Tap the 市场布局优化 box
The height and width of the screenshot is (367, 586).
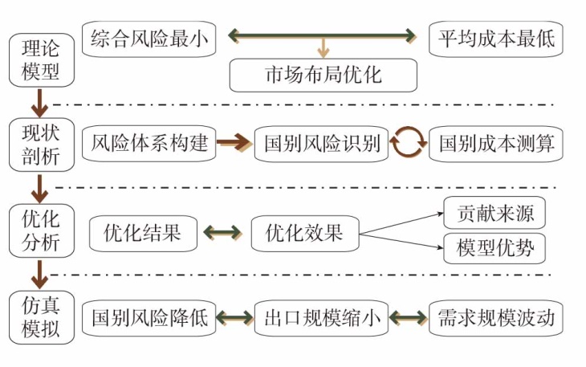click(x=324, y=75)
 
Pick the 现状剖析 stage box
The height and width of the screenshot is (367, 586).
click(x=39, y=145)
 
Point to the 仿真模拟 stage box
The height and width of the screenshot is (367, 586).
click(x=39, y=319)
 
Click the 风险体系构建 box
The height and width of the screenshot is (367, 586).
click(x=149, y=144)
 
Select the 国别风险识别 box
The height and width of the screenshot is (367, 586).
click(x=322, y=145)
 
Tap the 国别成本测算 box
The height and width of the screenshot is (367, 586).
click(x=496, y=145)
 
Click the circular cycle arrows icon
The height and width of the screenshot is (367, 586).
click(x=409, y=144)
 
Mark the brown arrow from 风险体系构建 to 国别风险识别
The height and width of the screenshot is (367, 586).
click(x=234, y=144)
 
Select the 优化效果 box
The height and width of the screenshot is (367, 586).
click(x=303, y=233)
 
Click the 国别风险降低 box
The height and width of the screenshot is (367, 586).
click(x=149, y=318)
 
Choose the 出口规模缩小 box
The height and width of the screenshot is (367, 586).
click(x=322, y=318)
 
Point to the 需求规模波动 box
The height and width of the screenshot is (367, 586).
click(x=496, y=318)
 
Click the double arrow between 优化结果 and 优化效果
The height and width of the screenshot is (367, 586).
click(x=222, y=233)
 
